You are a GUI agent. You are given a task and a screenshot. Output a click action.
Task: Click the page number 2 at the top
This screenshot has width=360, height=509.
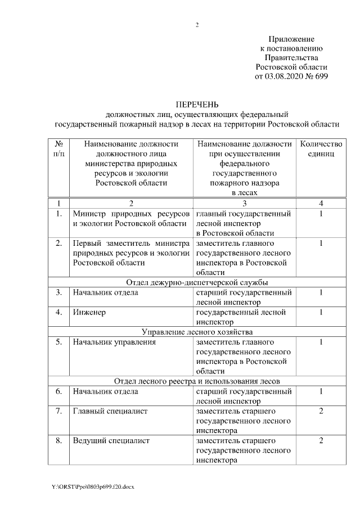click(x=197, y=25)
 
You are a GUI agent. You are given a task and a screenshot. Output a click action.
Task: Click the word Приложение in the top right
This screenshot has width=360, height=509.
click(x=291, y=39)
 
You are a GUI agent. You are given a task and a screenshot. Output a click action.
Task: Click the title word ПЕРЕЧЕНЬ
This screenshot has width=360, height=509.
click(x=197, y=105)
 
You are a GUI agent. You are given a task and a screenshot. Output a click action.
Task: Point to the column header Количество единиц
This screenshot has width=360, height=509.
click(x=321, y=148)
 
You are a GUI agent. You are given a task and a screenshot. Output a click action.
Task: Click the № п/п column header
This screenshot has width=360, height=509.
click(x=58, y=148)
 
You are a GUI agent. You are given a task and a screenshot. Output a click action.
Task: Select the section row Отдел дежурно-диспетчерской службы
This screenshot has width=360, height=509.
click(x=197, y=282)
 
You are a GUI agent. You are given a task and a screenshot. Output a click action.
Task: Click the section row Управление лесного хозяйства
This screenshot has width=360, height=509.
click(x=197, y=331)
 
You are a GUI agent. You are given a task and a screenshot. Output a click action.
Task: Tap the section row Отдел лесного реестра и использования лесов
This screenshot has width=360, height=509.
click(x=197, y=381)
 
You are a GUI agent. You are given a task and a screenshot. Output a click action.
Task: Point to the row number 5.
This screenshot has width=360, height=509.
click(x=58, y=341)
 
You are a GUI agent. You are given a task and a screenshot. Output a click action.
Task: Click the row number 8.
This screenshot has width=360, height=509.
click(x=58, y=440)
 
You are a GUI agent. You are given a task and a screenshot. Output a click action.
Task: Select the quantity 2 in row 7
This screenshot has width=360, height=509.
click(x=321, y=411)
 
